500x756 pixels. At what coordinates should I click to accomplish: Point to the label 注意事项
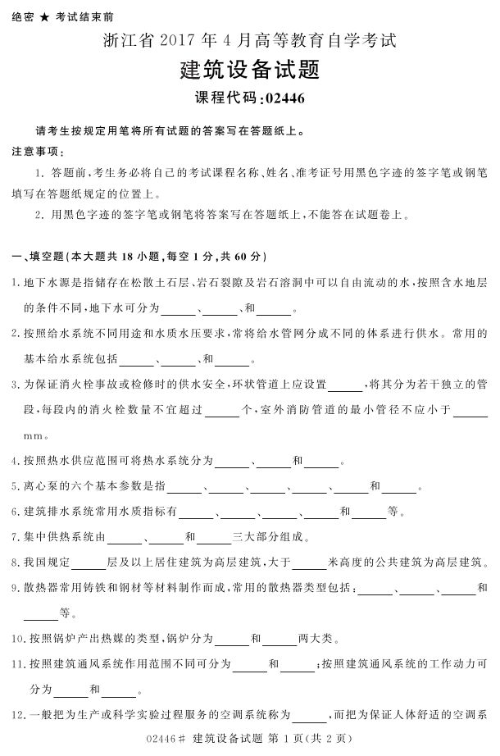coord(37,152)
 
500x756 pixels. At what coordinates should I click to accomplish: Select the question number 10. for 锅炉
coord(19,638)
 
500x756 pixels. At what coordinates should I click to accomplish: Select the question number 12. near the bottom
coord(19,714)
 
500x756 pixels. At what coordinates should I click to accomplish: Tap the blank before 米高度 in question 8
coord(309,562)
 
